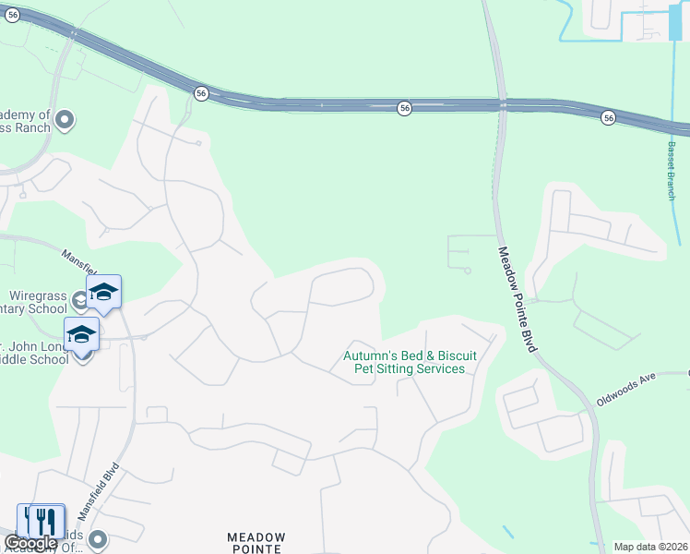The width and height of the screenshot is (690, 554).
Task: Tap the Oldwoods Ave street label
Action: click(625, 389)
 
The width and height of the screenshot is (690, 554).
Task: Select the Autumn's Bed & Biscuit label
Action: click(404, 355)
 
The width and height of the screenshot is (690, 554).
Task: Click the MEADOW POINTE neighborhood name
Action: click(256, 542)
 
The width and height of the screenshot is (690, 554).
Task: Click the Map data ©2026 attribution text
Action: click(650, 547)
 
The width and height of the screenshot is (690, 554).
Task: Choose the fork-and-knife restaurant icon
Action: click(42, 520)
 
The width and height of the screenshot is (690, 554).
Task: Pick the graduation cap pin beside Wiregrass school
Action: click(104, 292)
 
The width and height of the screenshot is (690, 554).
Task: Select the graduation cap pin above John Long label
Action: click(81, 333)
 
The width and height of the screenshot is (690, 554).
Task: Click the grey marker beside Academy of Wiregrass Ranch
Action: click(65, 119)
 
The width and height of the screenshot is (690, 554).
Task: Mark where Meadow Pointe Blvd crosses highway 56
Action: click(503, 104)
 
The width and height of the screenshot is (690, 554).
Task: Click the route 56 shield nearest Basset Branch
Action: click(608, 117)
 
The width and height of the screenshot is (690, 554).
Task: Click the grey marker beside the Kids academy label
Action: click(99, 538)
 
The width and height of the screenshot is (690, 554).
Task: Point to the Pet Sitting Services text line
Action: click(410, 368)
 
